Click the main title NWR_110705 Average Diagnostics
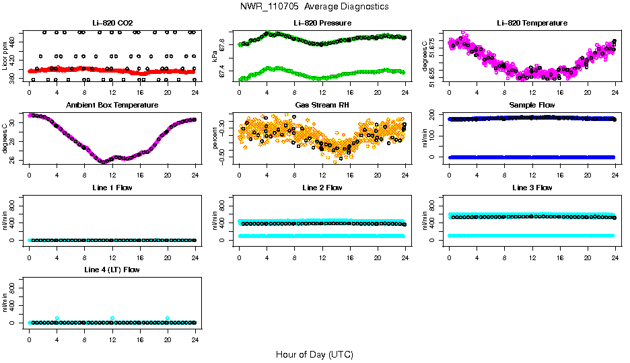(x=314, y=7)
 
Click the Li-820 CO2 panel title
(x=112, y=24)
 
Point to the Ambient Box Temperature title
(x=112, y=106)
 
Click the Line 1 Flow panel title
(x=112, y=188)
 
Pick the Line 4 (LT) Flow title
(x=112, y=270)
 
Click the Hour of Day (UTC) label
(x=314, y=354)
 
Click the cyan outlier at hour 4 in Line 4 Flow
(x=57, y=318)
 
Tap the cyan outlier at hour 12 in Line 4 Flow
(x=112, y=318)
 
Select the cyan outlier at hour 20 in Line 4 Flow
(x=168, y=318)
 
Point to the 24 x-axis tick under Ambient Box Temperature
(x=195, y=171)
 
